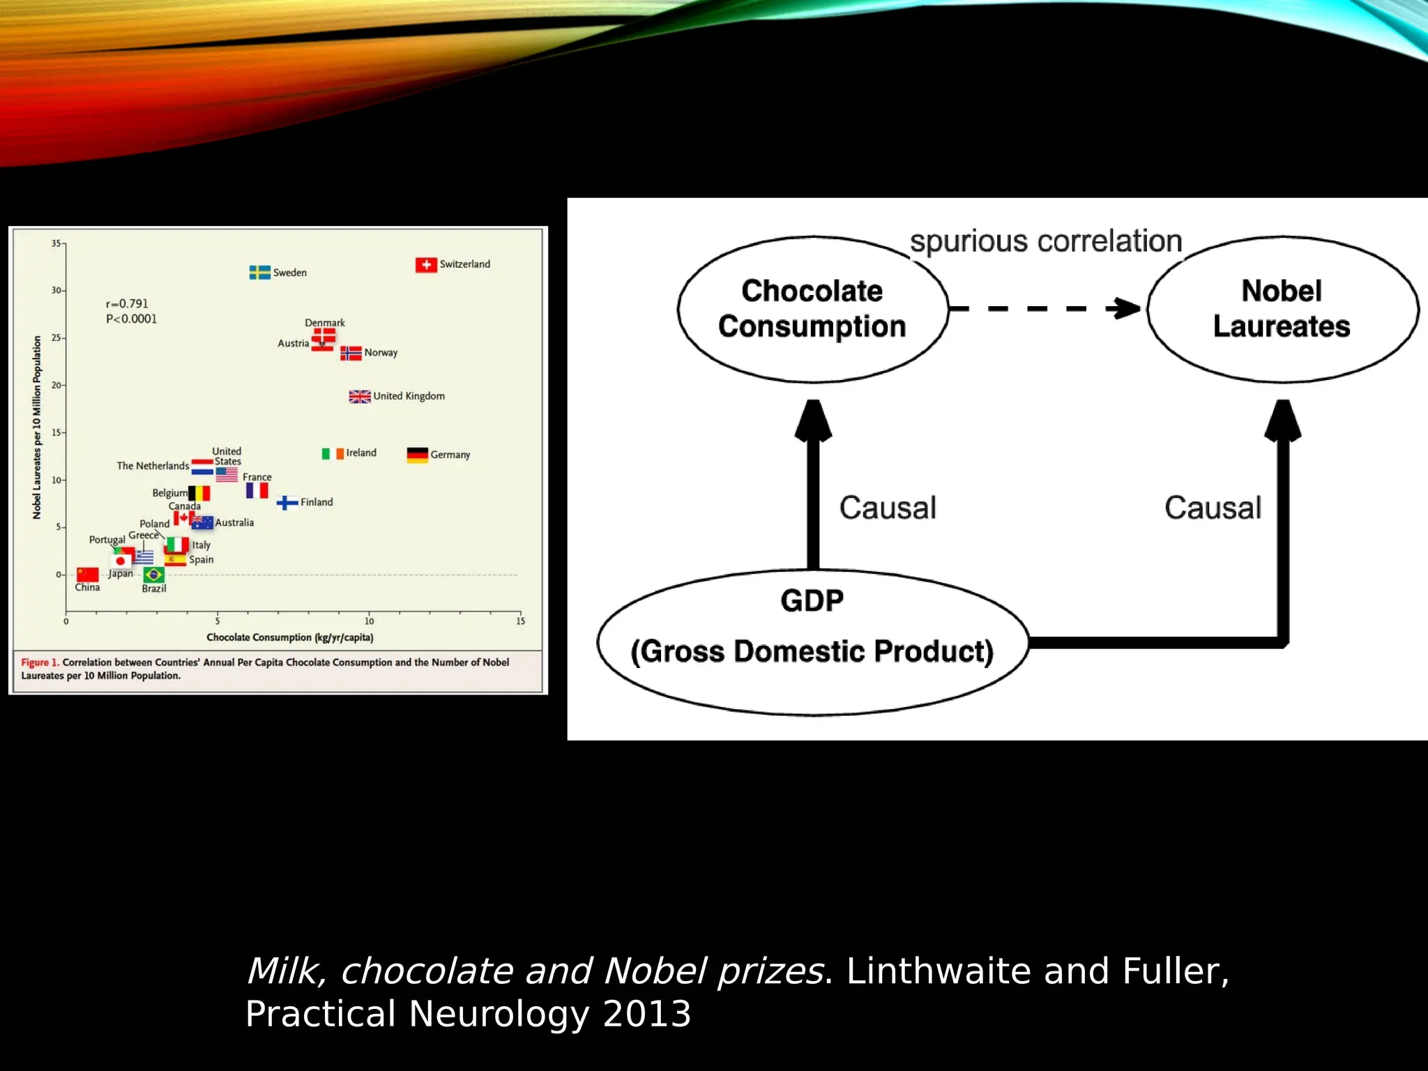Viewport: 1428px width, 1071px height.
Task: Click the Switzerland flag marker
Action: pyautogui.click(x=426, y=265)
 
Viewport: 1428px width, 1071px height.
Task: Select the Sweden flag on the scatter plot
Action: pyautogui.click(x=259, y=273)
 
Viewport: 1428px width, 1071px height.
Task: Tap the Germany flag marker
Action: pyautogui.click(x=417, y=455)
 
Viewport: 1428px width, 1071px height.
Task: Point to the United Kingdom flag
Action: pyautogui.click(x=360, y=397)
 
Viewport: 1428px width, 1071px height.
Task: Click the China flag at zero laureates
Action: pyautogui.click(x=88, y=575)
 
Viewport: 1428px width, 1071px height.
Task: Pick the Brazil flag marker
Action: pyautogui.click(x=154, y=575)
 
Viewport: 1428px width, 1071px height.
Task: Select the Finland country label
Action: pyautogui.click(x=317, y=502)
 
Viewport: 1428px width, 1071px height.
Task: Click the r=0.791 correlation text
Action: pyautogui.click(x=127, y=304)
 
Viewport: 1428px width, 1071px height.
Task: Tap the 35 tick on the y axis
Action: pyautogui.click(x=56, y=243)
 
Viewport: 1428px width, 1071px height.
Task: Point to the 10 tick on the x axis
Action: pyautogui.click(x=369, y=621)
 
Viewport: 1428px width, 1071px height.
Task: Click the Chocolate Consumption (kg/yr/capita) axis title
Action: pyautogui.click(x=290, y=637)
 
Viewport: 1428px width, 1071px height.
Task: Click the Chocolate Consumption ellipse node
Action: pyautogui.click(x=812, y=309)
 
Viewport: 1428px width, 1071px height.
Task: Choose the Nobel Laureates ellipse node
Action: pyautogui.click(x=1282, y=309)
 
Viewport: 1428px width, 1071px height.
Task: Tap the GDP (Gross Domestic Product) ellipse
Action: pyautogui.click(x=812, y=641)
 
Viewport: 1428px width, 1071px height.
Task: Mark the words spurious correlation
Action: pyautogui.click(x=1046, y=241)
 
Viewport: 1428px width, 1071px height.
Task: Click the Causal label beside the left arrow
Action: pyautogui.click(x=888, y=508)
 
